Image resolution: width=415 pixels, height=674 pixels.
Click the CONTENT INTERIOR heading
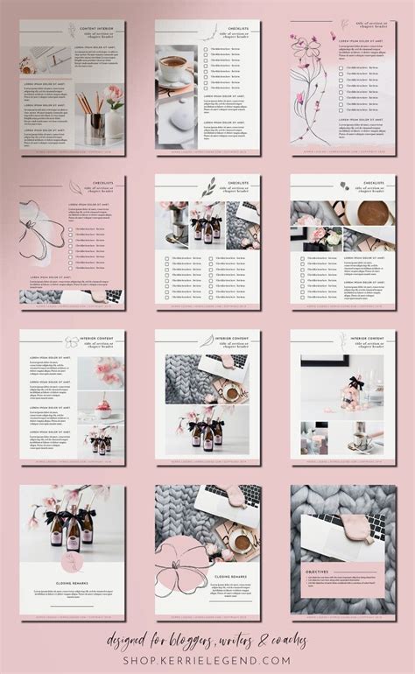click(99, 27)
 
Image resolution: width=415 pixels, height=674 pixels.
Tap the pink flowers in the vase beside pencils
click(113, 96)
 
